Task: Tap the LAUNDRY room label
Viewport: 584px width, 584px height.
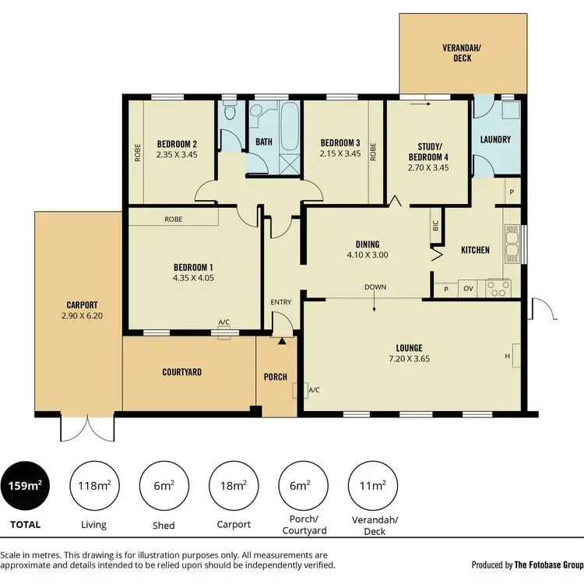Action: tap(495, 140)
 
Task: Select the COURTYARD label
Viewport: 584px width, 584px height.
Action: tap(182, 372)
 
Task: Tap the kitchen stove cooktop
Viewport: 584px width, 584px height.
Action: tap(498, 288)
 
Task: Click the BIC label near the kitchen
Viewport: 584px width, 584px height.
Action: tap(434, 227)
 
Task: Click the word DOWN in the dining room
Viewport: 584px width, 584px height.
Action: tap(375, 287)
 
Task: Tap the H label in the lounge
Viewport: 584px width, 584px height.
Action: tap(507, 356)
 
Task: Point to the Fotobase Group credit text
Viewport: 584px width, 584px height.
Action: tap(527, 565)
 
